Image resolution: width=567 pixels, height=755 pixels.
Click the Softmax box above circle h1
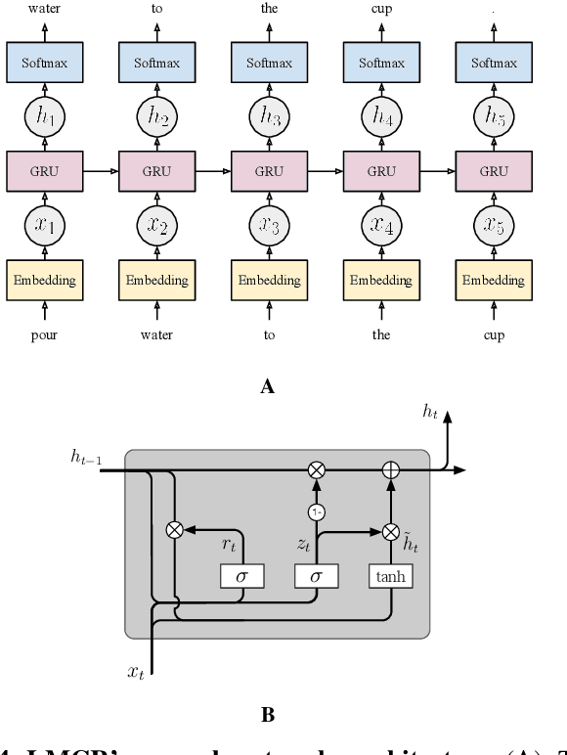(44, 64)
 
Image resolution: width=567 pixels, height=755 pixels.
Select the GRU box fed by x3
(269, 171)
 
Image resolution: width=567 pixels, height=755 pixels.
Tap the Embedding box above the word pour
(44, 280)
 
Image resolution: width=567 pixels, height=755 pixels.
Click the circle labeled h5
(494, 117)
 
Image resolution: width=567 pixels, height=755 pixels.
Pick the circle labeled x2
(156, 225)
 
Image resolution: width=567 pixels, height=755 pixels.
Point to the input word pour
(44, 334)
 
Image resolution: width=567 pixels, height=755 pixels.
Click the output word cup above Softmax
(381, 9)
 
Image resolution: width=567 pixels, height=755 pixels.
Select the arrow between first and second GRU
(100, 171)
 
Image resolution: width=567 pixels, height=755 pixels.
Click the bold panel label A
(268, 387)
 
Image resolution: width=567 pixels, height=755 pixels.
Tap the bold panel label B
(268, 715)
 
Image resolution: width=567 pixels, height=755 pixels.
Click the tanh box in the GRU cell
(390, 577)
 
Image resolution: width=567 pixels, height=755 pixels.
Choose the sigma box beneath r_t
(241, 577)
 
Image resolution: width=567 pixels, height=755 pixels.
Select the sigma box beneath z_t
(316, 577)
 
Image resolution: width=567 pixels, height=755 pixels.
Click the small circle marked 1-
(316, 511)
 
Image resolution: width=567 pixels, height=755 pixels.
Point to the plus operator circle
(390, 470)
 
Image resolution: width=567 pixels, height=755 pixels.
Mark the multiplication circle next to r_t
(175, 530)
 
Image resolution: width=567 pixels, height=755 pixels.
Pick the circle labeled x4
(381, 225)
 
